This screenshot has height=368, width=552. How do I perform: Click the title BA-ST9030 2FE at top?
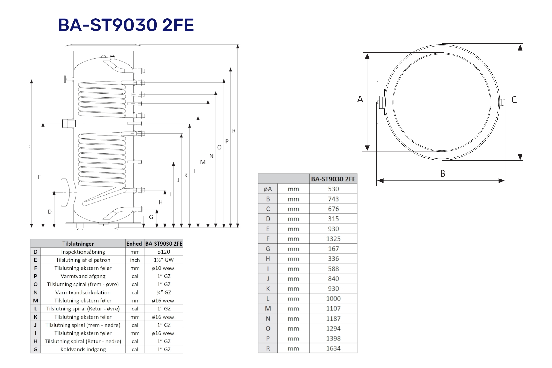[126, 25]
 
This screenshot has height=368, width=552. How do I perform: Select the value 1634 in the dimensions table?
[333, 348]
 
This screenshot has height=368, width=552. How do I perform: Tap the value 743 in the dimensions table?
[333, 199]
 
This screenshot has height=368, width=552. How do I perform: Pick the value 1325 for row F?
[333, 239]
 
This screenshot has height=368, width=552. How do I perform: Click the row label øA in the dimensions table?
[268, 189]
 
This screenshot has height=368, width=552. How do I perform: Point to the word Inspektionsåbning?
[83, 252]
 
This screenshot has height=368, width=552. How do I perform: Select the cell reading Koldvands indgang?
[83, 350]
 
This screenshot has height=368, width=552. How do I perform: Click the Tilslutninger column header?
[78, 244]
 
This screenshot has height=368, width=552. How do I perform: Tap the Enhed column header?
[134, 244]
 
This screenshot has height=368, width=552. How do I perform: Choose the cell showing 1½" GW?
[164, 260]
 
